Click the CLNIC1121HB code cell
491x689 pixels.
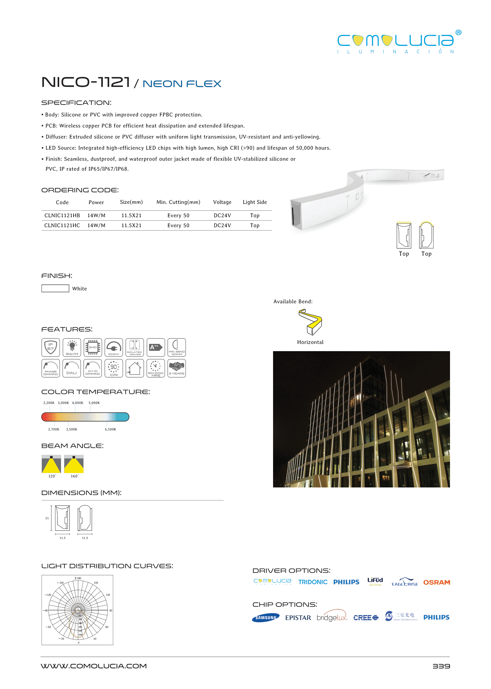(x=62, y=215)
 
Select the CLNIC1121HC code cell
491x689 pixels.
(x=62, y=225)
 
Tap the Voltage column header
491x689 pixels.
(x=222, y=202)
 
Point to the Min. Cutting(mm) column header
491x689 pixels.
(x=178, y=202)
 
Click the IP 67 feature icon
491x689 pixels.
(x=51, y=347)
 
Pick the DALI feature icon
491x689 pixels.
(x=72, y=368)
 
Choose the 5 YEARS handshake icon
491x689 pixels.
(x=177, y=368)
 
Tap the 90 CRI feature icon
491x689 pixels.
(x=114, y=368)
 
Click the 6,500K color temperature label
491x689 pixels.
(x=110, y=429)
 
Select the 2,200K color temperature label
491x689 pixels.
(x=49, y=403)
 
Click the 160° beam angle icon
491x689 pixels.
(x=74, y=464)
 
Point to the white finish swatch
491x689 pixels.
(x=55, y=288)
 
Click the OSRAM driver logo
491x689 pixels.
(x=436, y=582)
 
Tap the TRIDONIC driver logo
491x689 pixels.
(x=313, y=582)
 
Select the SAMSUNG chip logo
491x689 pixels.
(x=266, y=618)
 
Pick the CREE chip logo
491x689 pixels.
(x=366, y=618)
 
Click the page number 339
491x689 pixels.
(x=441, y=666)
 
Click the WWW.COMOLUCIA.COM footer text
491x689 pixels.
(x=94, y=666)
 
